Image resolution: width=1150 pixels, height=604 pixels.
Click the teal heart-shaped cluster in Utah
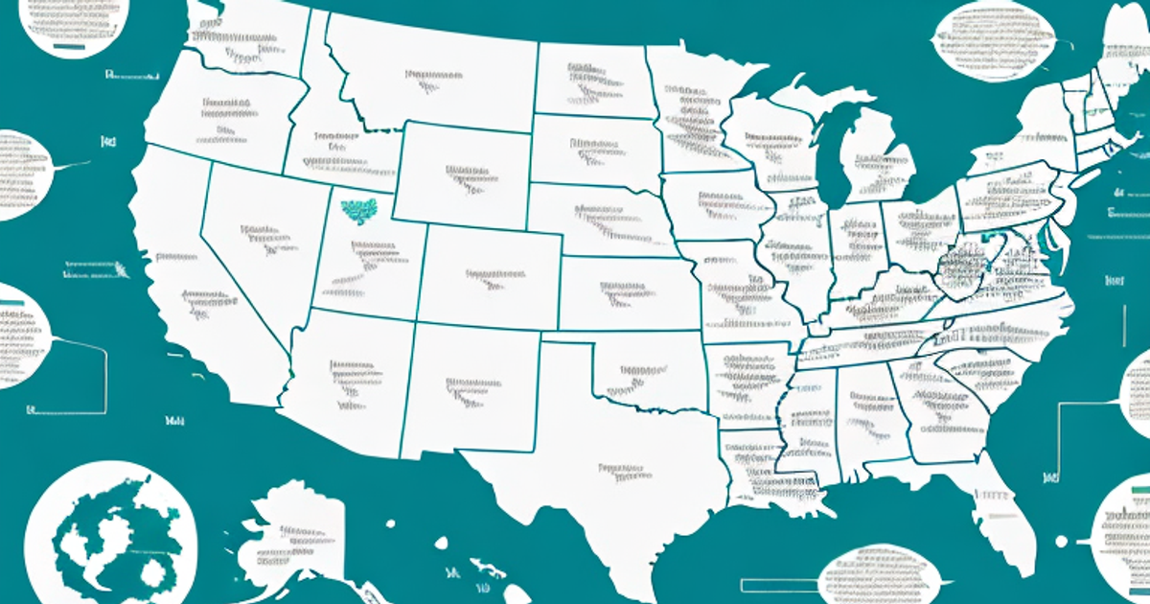pyautogui.click(x=360, y=210)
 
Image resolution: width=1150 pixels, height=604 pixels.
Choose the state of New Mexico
pyautogui.click(x=470, y=388)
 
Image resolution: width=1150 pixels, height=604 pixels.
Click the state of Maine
pyautogui.click(x=1121, y=48)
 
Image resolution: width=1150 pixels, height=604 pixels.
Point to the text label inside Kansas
pyautogui.click(x=628, y=292)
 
